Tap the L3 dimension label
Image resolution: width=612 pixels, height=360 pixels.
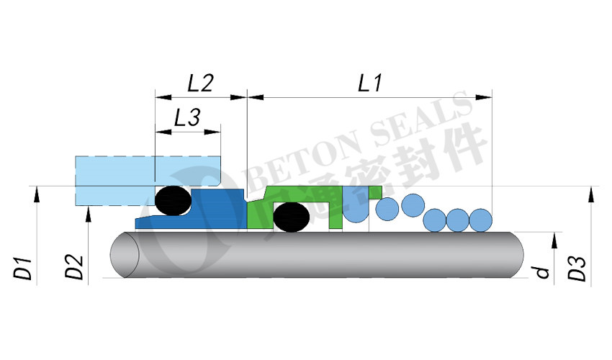click(187, 117)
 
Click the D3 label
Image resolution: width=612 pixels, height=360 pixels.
click(577, 269)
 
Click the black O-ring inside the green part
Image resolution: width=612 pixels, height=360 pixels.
click(291, 217)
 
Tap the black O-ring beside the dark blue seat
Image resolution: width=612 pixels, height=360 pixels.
click(173, 200)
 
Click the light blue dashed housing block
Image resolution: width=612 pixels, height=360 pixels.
click(148, 181)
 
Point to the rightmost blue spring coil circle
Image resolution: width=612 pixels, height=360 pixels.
click(480, 220)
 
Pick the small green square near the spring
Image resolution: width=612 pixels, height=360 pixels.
click(375, 192)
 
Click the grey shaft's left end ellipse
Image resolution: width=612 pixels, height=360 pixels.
click(125, 255)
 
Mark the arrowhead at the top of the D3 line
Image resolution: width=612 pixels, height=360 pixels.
click(591, 194)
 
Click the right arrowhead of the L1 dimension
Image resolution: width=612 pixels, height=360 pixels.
click(484, 97)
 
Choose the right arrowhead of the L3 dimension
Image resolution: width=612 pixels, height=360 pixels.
click(212, 132)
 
